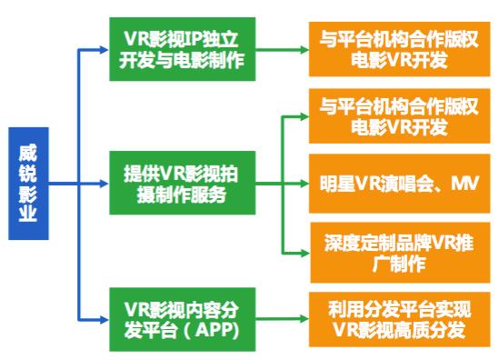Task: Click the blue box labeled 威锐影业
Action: tap(28, 184)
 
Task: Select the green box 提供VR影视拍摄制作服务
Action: tap(183, 183)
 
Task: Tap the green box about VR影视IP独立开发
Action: tap(183, 49)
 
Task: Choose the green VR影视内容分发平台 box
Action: tap(183, 319)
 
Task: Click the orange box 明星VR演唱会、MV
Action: tap(399, 184)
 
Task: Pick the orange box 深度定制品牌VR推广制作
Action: tap(400, 253)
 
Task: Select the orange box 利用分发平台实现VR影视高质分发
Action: tap(399, 319)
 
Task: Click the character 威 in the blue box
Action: tap(27, 153)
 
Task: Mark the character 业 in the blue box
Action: tap(27, 213)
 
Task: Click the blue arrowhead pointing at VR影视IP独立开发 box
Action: tap(104, 49)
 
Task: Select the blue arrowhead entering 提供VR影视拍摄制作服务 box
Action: tap(104, 184)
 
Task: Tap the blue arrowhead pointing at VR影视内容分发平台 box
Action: tap(104, 320)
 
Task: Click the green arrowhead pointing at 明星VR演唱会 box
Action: tap(304, 184)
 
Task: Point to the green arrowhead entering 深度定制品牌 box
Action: tap(304, 254)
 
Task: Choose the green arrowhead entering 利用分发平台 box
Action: tap(304, 318)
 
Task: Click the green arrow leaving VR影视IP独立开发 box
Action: tap(283, 49)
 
